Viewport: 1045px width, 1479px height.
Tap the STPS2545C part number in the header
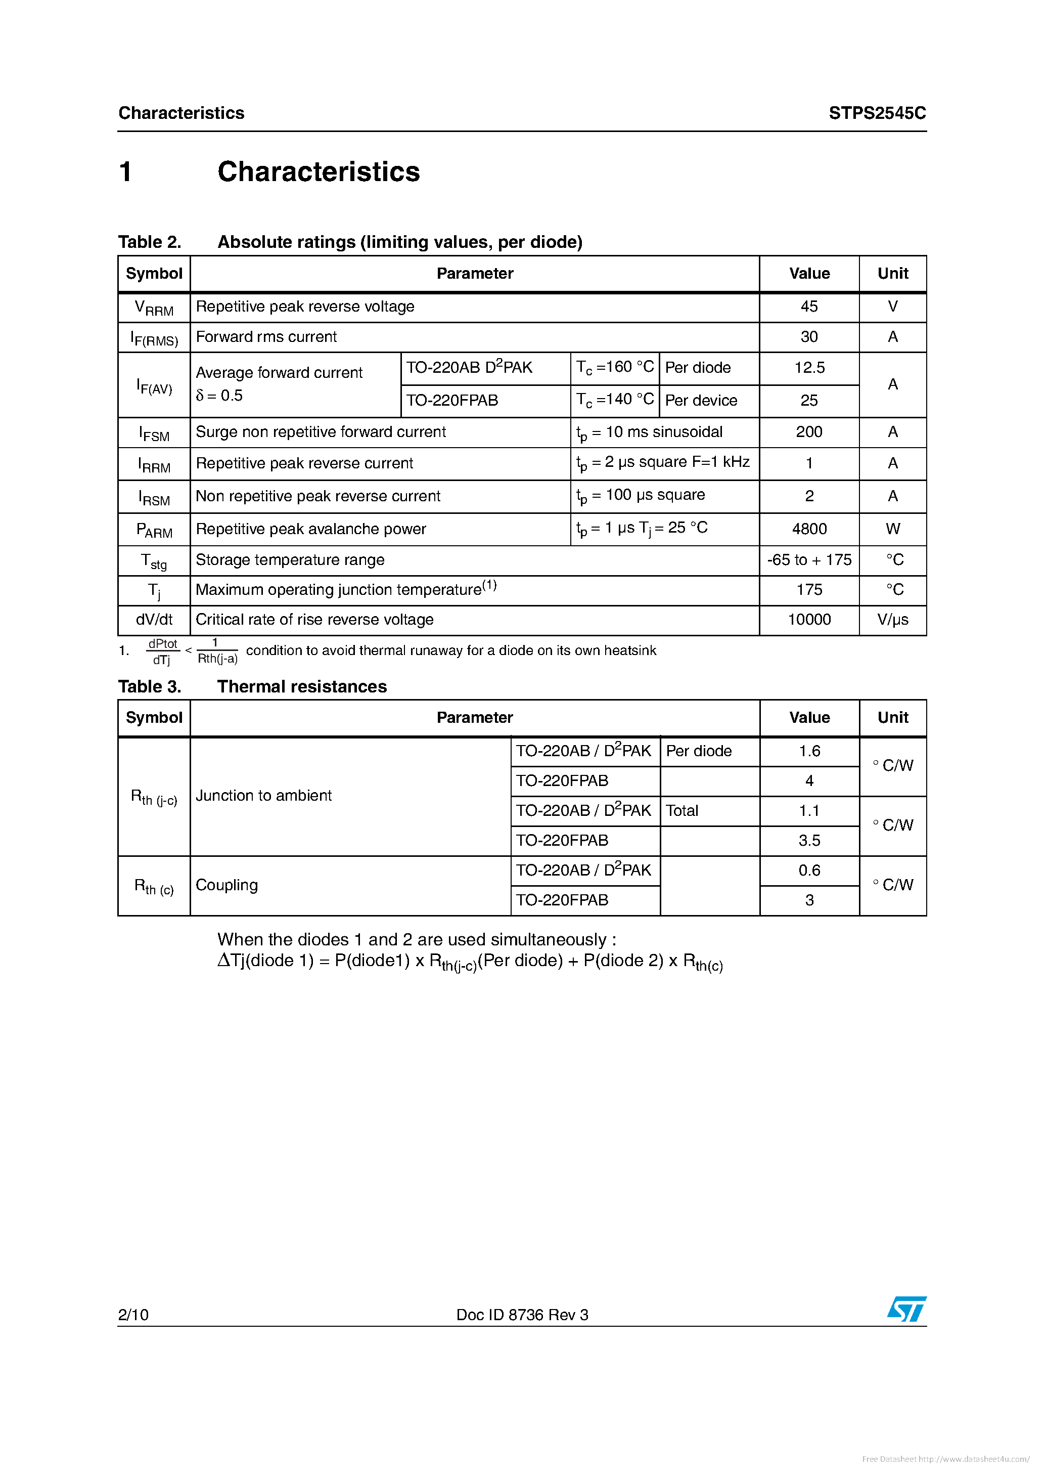(877, 113)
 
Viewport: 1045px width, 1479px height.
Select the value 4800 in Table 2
(809, 529)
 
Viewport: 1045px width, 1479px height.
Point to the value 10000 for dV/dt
(809, 620)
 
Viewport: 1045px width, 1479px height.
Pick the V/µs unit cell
(892, 620)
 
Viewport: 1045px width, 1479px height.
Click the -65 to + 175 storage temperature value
(809, 560)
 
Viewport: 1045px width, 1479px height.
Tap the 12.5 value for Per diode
(809, 368)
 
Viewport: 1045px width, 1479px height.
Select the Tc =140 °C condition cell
(614, 400)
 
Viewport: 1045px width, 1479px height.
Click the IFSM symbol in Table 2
(154, 433)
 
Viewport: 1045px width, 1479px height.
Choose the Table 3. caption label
(149, 687)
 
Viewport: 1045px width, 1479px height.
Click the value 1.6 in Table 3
(809, 751)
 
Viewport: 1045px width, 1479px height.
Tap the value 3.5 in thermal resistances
(809, 841)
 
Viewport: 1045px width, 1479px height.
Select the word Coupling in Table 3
(226, 885)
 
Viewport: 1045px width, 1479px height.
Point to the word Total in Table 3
(682, 811)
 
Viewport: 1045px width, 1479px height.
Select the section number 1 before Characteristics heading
(125, 172)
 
